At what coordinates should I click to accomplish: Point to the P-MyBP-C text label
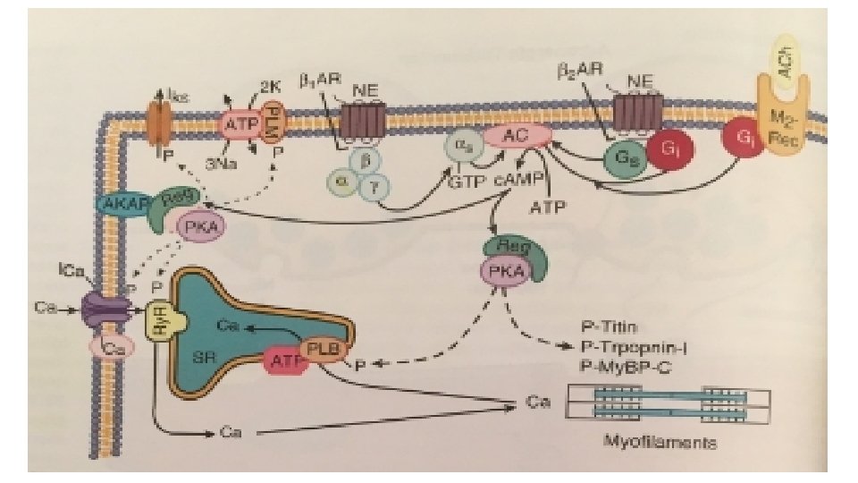coord(624,365)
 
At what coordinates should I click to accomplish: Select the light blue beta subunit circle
coord(363,160)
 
